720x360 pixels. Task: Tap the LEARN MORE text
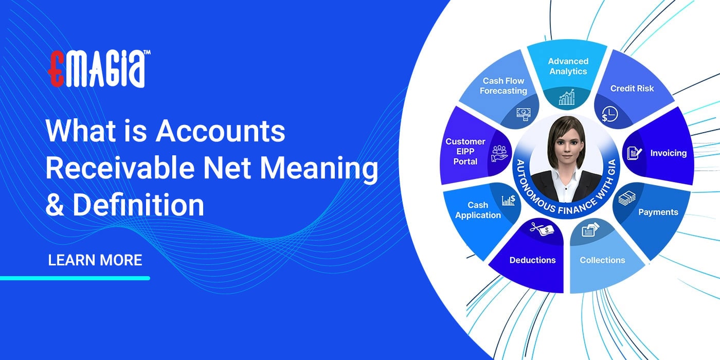click(x=95, y=260)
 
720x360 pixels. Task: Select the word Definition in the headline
click(x=138, y=205)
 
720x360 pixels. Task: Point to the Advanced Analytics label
click(x=568, y=66)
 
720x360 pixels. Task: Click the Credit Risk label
click(x=632, y=88)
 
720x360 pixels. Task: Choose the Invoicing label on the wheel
click(x=668, y=153)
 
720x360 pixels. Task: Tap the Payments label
click(x=658, y=212)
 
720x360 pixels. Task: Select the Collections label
click(x=602, y=260)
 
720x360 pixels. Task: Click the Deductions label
click(x=532, y=260)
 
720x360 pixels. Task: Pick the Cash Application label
click(x=478, y=210)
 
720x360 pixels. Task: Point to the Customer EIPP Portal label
click(x=465, y=151)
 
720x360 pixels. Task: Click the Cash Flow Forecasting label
click(x=503, y=86)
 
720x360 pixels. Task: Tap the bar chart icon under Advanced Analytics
click(x=567, y=97)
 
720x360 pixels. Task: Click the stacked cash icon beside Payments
click(x=626, y=198)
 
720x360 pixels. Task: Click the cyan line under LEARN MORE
click(x=75, y=278)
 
